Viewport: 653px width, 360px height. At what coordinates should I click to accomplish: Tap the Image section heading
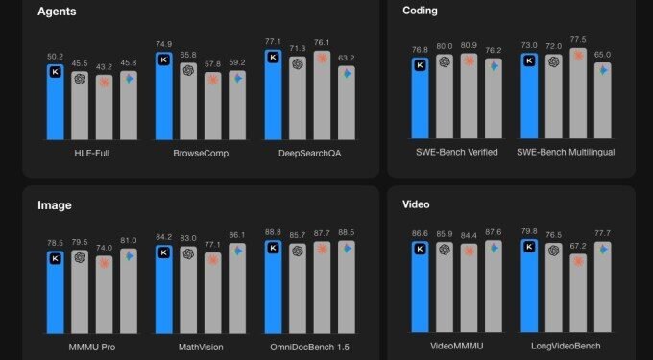click(x=56, y=204)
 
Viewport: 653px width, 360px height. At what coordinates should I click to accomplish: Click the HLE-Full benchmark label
click(x=92, y=153)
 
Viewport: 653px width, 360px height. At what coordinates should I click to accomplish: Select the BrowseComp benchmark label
click(x=201, y=153)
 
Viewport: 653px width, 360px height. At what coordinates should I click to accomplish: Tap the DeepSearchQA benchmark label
click(x=310, y=153)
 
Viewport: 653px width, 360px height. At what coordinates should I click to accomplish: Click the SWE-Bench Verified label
click(x=456, y=153)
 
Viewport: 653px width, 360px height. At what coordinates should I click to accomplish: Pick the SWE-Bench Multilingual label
click(x=566, y=153)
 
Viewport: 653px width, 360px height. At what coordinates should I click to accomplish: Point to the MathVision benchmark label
click(x=201, y=344)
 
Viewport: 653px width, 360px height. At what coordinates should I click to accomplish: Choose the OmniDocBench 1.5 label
click(x=310, y=344)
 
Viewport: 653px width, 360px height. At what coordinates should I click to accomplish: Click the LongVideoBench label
click(x=566, y=344)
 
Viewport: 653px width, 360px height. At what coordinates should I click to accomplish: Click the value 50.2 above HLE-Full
click(x=55, y=57)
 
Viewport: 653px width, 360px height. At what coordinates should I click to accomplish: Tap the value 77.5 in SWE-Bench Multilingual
click(x=578, y=40)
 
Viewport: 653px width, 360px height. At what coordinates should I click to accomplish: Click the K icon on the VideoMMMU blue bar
click(x=420, y=249)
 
